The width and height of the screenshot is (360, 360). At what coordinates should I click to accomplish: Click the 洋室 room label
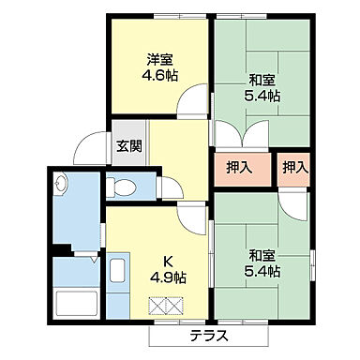pyautogui.click(x=158, y=58)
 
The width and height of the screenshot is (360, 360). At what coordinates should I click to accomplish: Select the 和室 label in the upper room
pyautogui.click(x=262, y=80)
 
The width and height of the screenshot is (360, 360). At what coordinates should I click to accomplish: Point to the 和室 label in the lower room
pyautogui.click(x=262, y=256)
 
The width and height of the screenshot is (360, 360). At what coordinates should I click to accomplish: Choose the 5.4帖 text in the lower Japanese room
pyautogui.click(x=262, y=272)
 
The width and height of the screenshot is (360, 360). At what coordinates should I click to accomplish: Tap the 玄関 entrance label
pyautogui.click(x=129, y=146)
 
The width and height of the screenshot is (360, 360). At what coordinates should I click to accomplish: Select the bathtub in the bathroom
pyautogui.click(x=77, y=304)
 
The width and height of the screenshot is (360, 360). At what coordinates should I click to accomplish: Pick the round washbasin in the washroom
pyautogui.click(x=63, y=185)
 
